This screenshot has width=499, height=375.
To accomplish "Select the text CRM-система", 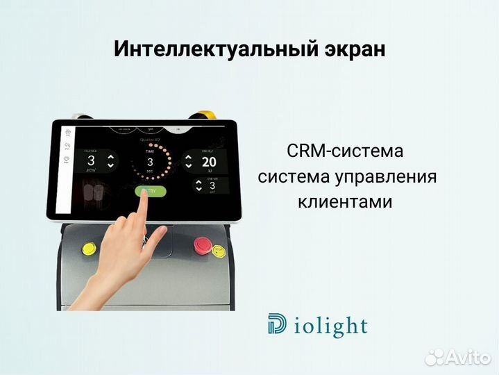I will [x=344, y=151].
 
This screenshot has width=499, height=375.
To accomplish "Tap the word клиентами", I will [x=345, y=202].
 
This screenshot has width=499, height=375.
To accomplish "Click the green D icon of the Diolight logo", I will [x=276, y=326].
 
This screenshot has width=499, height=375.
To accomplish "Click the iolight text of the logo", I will [x=327, y=326].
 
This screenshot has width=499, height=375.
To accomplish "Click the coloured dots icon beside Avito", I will [x=435, y=356].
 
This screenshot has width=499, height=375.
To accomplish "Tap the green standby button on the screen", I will [x=149, y=191].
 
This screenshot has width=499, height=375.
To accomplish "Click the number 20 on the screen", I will [x=208, y=162].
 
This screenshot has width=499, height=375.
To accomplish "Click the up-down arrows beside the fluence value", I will [x=110, y=162].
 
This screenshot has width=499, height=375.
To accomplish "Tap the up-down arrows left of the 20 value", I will [x=188, y=162].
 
